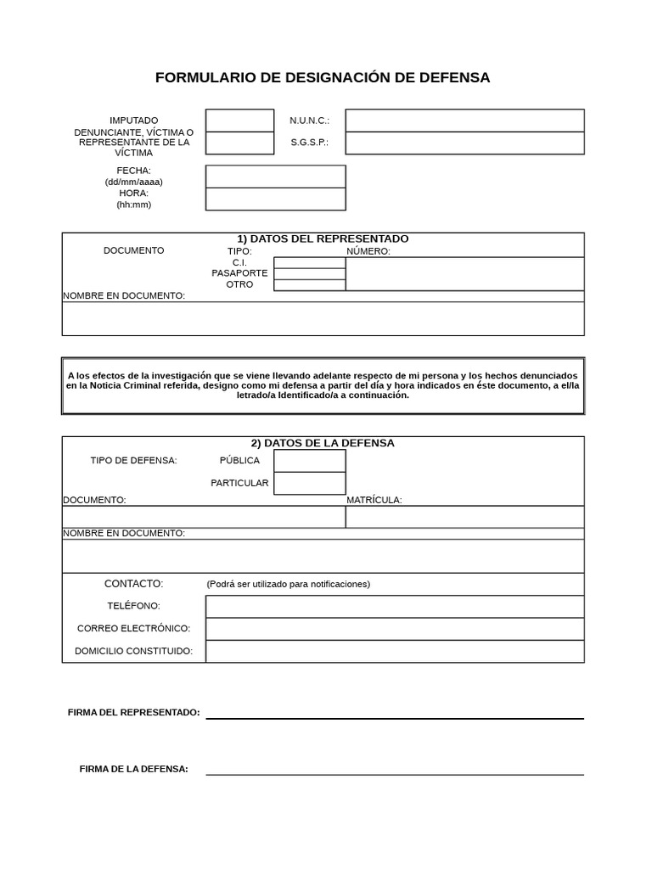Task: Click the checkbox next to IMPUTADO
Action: [239, 121]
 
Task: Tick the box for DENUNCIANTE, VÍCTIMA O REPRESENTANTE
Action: [239, 143]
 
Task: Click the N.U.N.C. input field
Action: [464, 121]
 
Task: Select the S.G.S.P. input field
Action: [464, 143]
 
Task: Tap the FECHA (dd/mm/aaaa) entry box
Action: [275, 177]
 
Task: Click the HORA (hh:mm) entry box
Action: [275, 199]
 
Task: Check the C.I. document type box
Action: [309, 263]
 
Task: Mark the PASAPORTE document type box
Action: [309, 273]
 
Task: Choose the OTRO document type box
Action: [309, 285]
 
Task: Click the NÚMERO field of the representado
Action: [464, 274]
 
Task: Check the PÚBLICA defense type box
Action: [309, 461]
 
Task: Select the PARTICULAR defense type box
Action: [309, 483]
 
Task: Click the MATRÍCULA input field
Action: [464, 517]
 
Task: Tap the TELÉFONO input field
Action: [395, 606]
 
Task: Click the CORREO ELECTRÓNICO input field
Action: [395, 629]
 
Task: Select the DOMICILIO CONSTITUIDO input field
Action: [395, 651]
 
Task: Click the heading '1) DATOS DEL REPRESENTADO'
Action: [323, 238]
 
